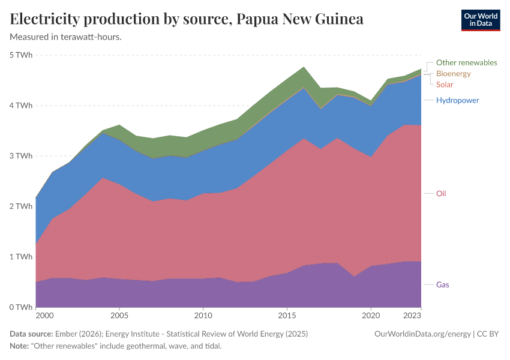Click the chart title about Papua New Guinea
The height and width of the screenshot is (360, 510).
[x=187, y=19]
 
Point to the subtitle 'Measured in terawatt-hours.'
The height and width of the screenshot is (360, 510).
[x=66, y=37]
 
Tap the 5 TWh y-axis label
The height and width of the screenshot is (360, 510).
[x=21, y=55]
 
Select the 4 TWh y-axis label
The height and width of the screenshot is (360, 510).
[x=21, y=106]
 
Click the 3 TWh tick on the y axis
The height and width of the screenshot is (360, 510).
[x=21, y=156]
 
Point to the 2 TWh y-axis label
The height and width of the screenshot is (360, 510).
[x=21, y=206]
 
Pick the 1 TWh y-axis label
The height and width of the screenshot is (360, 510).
[x=21, y=257]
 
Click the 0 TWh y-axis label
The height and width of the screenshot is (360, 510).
[x=21, y=307]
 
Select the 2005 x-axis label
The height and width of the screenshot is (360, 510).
[x=119, y=315]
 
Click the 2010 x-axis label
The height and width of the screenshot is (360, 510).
[x=203, y=315]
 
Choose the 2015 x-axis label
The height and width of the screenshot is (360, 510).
[x=287, y=315]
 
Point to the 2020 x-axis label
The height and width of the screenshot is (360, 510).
[x=371, y=315]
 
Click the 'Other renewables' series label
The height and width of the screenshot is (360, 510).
[x=466, y=62]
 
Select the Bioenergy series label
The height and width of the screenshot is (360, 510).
[x=453, y=74]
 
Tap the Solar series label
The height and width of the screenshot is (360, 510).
[x=445, y=85]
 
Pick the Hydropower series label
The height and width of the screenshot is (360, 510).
[x=457, y=100]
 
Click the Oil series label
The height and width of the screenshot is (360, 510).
[x=441, y=193]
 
